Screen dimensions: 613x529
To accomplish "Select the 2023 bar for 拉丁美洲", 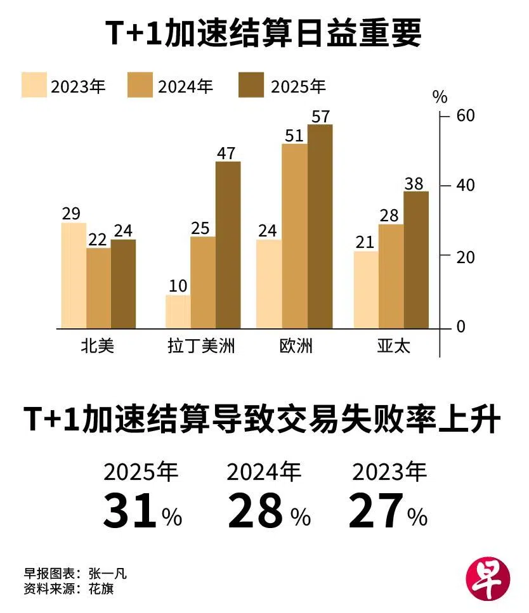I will click(x=178, y=311).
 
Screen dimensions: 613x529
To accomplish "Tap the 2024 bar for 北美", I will click(x=98, y=288).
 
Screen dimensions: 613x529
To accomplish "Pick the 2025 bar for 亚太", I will click(x=416, y=259).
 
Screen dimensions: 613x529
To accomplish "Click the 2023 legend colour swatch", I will click(x=34, y=86).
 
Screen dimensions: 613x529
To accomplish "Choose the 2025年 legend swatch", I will click(x=251, y=86).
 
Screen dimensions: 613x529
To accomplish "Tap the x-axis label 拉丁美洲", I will click(x=201, y=346).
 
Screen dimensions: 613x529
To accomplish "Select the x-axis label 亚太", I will click(x=393, y=346).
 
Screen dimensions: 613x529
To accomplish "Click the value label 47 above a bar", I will click(x=226, y=153).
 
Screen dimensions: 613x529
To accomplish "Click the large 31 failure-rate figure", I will click(x=129, y=512).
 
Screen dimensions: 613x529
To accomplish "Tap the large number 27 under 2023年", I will click(x=376, y=512).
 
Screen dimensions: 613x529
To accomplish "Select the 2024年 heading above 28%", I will click(x=264, y=472).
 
